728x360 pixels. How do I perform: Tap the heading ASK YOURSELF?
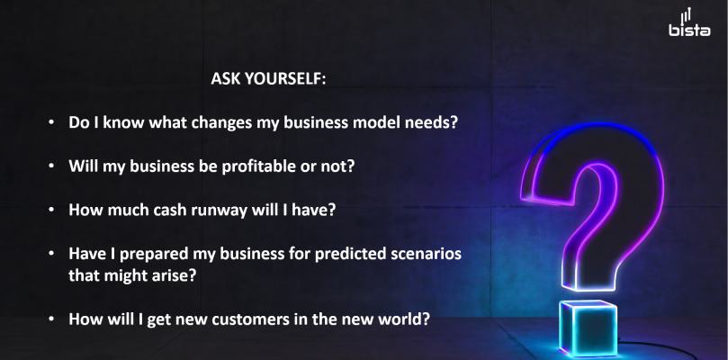click(x=268, y=78)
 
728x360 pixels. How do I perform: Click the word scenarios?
click(x=427, y=254)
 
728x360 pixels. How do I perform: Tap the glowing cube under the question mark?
click(x=588, y=328)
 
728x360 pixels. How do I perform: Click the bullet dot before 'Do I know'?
click(x=51, y=122)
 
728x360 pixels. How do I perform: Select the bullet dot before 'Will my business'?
click(x=51, y=166)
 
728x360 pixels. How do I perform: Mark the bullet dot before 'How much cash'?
click(x=51, y=210)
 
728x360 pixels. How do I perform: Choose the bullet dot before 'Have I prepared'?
click(x=51, y=254)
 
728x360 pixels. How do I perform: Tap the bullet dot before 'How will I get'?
click(x=51, y=319)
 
